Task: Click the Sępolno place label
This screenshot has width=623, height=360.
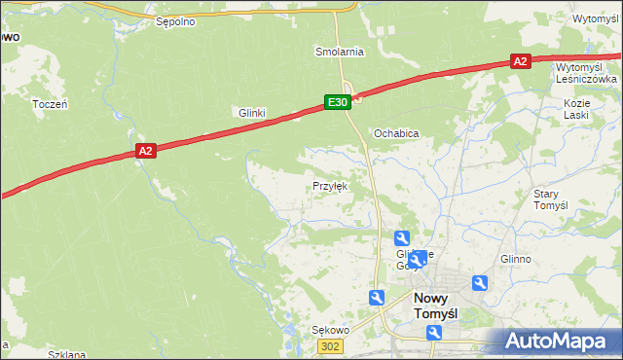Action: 176,19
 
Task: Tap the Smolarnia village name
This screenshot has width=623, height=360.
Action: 339,51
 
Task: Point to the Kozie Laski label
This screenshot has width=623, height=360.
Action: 577,108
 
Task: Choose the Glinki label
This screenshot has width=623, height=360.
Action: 252,113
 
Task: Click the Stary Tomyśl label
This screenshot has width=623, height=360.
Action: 550,199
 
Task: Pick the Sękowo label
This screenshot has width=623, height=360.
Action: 330,330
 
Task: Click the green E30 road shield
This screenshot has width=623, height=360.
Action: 337,101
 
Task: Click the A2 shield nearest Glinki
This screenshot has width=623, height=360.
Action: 145,150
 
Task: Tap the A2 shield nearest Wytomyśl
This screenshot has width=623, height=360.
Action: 520,61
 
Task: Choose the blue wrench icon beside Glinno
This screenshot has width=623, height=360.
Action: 479,283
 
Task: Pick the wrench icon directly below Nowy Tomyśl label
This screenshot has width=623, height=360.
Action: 434,334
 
